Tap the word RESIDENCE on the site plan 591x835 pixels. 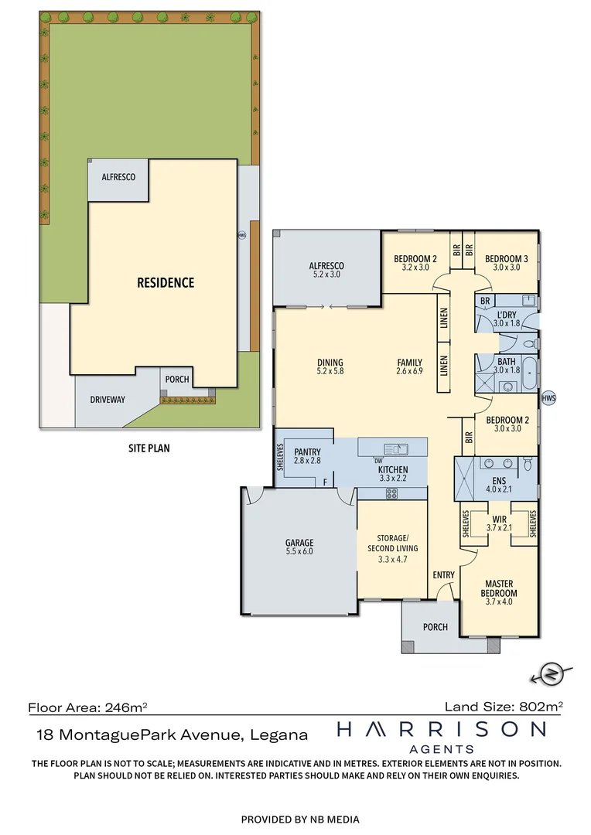pos(166,282)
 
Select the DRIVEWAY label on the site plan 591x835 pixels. pos(107,399)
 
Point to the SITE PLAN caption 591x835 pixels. pos(149,448)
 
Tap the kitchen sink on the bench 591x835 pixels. pos(394,448)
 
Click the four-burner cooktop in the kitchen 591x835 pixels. pos(391,494)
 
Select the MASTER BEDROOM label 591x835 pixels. pos(500,588)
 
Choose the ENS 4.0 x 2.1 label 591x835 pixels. pos(496,484)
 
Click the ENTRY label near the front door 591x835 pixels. pos(443,575)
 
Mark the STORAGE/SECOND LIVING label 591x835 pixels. pos(391,544)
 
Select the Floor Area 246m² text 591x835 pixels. pos(87,707)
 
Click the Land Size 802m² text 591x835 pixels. pos(503,706)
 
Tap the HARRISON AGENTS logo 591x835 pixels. pos(440,736)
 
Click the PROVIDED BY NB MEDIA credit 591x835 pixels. pos(300,819)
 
